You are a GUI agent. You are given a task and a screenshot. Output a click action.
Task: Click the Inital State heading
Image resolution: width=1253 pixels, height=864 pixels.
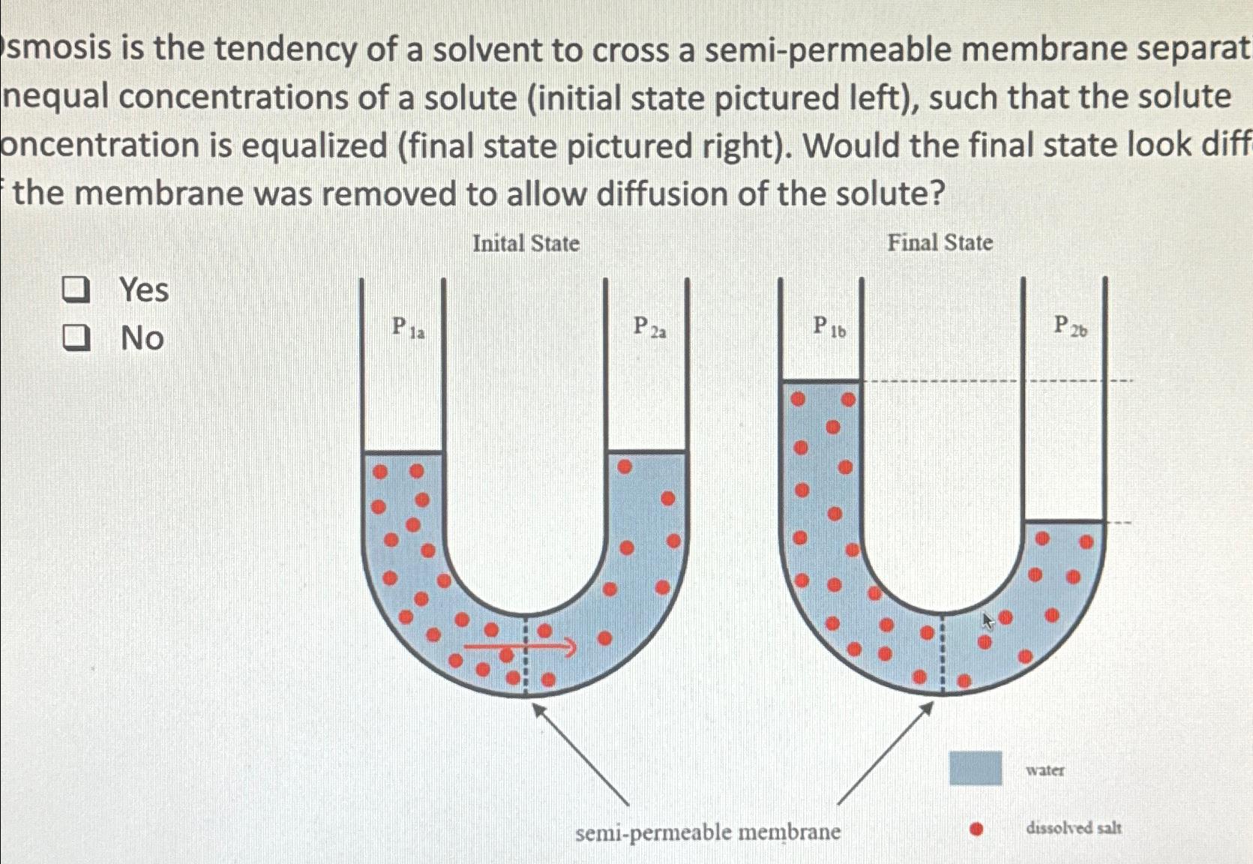pos(526,244)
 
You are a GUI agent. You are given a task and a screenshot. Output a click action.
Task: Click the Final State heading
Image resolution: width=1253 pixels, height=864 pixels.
pos(940,243)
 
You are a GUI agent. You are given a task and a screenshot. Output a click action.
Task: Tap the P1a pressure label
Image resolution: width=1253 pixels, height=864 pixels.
pos(407,328)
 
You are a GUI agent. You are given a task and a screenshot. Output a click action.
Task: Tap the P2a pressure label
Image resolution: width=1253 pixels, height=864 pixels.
pos(649,327)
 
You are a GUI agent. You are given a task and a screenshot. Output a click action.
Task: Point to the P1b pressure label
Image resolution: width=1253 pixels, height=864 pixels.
pos(829,327)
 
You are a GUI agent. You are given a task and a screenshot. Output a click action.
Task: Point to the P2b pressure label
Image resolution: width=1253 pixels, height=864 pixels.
pos(1070,325)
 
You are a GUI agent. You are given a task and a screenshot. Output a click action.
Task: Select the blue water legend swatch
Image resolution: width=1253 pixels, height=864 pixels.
pos(976,768)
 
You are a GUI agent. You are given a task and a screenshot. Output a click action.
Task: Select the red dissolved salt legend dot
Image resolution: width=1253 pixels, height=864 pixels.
pos(976,829)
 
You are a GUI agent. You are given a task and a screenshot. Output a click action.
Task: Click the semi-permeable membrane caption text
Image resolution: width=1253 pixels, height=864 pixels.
pos(708,832)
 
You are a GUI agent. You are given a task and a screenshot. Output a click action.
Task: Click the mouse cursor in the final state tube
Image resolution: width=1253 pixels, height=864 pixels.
pos(988,620)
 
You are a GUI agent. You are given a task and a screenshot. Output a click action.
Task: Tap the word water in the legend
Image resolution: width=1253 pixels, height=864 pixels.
pos(1045,770)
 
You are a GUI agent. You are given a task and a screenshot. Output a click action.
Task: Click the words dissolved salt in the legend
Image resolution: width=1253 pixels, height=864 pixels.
pos(1073,828)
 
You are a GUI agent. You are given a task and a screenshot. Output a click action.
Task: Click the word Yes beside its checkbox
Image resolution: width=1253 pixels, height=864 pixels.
pos(144,290)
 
